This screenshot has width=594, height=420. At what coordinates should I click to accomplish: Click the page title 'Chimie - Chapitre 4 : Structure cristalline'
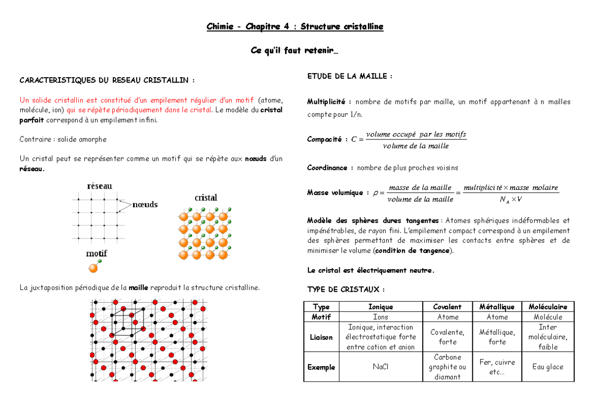point(295,27)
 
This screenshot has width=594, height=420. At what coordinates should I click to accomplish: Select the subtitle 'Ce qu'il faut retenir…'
point(295,51)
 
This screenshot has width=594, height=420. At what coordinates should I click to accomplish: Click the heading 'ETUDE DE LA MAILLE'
point(349,76)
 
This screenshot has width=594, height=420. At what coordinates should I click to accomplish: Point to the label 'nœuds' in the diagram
point(145,204)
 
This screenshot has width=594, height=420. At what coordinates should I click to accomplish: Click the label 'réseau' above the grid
point(99,186)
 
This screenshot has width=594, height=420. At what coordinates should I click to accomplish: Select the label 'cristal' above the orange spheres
point(205,198)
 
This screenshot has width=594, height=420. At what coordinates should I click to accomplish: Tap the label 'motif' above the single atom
point(97,253)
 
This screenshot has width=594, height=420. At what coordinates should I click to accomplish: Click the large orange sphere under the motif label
point(93,268)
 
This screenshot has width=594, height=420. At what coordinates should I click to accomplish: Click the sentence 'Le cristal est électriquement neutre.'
point(370,270)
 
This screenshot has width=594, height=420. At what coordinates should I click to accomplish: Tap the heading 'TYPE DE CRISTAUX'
point(346,289)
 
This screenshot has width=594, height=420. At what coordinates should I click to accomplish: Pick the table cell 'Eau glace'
point(547,367)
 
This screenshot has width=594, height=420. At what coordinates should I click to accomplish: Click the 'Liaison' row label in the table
point(321,337)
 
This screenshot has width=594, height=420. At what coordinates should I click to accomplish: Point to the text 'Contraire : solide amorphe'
point(63,140)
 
